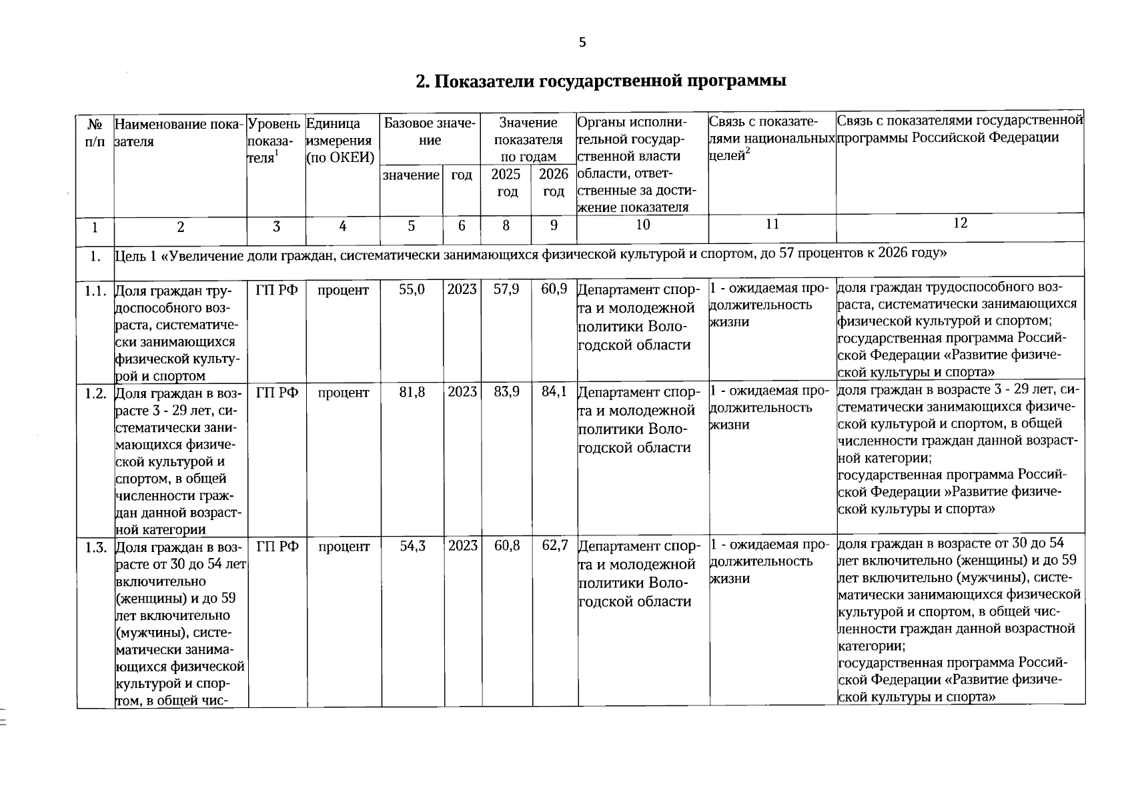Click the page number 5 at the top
click(582, 43)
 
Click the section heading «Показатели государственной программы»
click(600, 81)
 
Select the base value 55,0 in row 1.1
click(412, 290)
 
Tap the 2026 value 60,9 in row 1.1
click(554, 289)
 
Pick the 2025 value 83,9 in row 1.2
click(506, 392)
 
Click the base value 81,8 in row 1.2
click(412, 393)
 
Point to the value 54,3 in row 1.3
click(412, 546)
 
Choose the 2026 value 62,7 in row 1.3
click(554, 546)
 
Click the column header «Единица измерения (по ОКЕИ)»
click(340, 141)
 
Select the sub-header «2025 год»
click(506, 183)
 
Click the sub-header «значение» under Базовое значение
click(411, 175)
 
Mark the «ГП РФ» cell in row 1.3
click(277, 547)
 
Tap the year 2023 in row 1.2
click(462, 393)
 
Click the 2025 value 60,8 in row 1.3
click(506, 546)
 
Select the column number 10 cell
click(642, 225)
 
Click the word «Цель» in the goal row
click(130, 255)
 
